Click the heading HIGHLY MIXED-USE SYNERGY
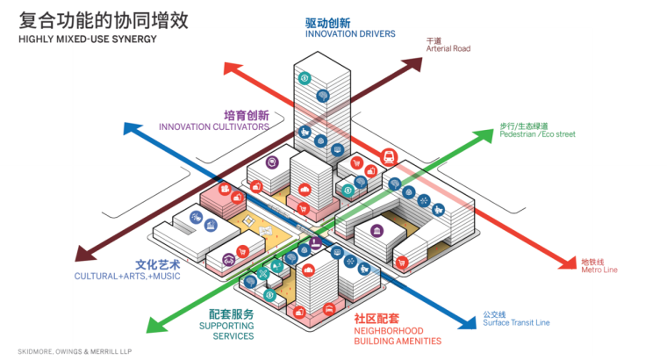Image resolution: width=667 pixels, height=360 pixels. tap(88, 40)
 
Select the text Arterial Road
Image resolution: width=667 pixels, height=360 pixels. tap(448, 49)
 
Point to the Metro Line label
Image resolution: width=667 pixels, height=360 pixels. tap(599, 270)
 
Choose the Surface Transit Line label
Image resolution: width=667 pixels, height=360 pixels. tap(516, 322)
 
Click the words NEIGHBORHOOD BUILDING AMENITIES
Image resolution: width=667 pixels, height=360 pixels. tap(398, 335)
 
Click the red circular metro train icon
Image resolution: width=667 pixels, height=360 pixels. tap(387, 158)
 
